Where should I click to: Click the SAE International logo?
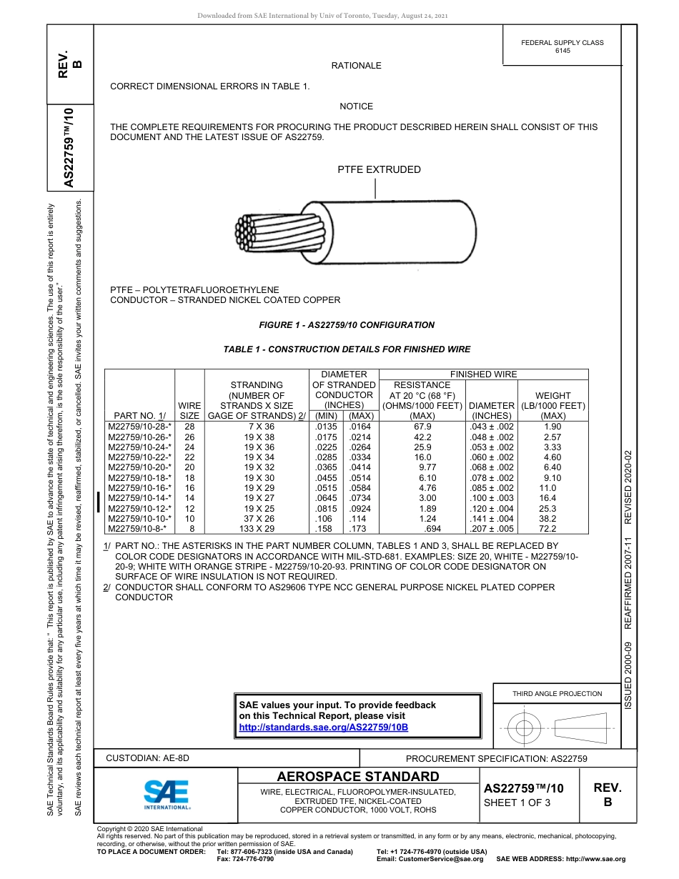click(x=167, y=794)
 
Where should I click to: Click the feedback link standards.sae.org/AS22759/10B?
click(x=323, y=727)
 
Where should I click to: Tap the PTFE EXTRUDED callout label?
click(x=379, y=169)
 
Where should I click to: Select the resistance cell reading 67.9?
click(x=422, y=427)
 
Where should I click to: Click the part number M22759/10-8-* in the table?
click(x=137, y=529)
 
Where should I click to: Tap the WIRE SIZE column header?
click(x=189, y=410)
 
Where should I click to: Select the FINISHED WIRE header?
click(x=483, y=374)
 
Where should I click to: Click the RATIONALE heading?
click(x=356, y=66)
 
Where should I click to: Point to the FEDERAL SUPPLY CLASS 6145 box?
click(x=562, y=46)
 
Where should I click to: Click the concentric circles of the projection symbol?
click(x=525, y=728)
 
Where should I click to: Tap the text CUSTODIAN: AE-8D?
click(x=148, y=758)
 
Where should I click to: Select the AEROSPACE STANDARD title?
click(x=357, y=777)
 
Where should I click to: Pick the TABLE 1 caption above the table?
click(x=347, y=349)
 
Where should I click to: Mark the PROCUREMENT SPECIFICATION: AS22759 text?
click(x=496, y=759)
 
